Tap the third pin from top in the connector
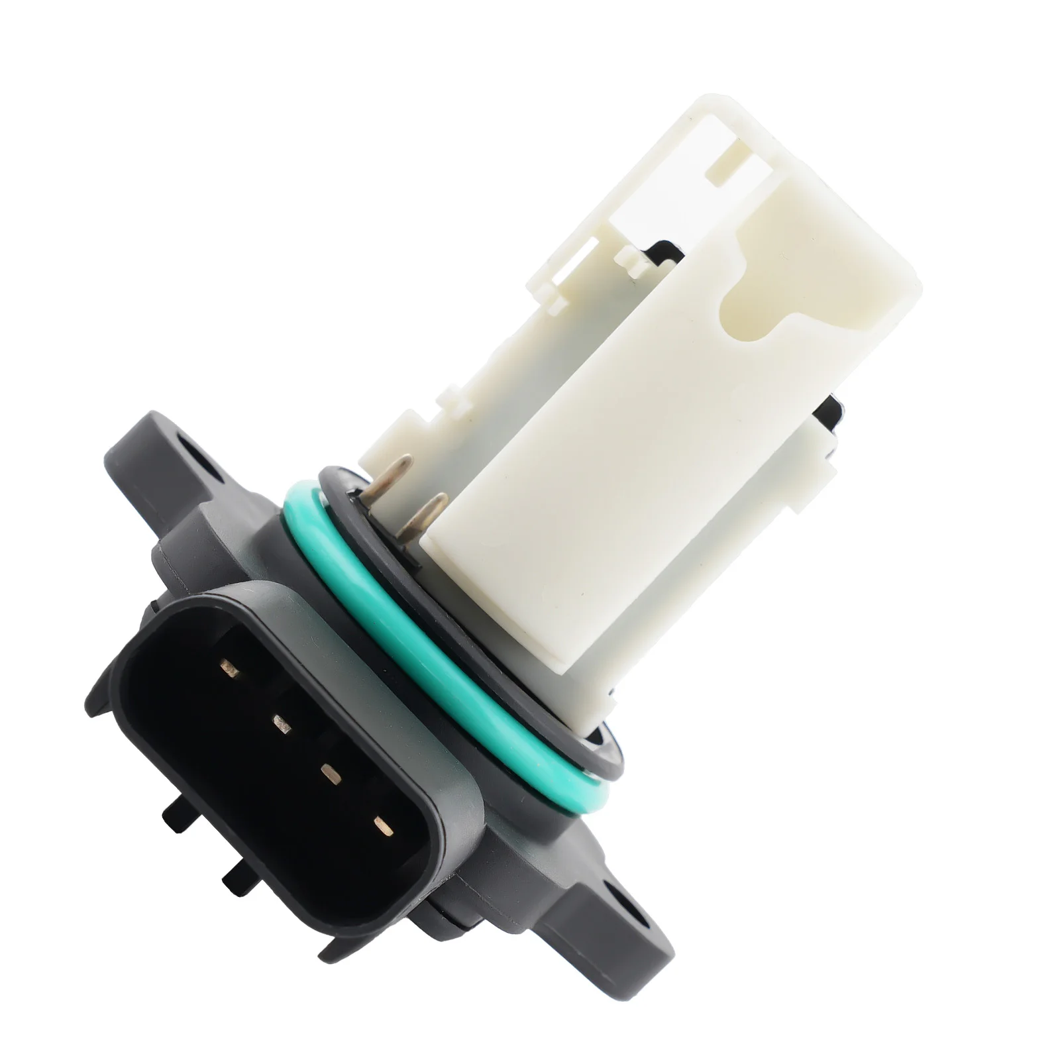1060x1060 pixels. pyautogui.click(x=330, y=772)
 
